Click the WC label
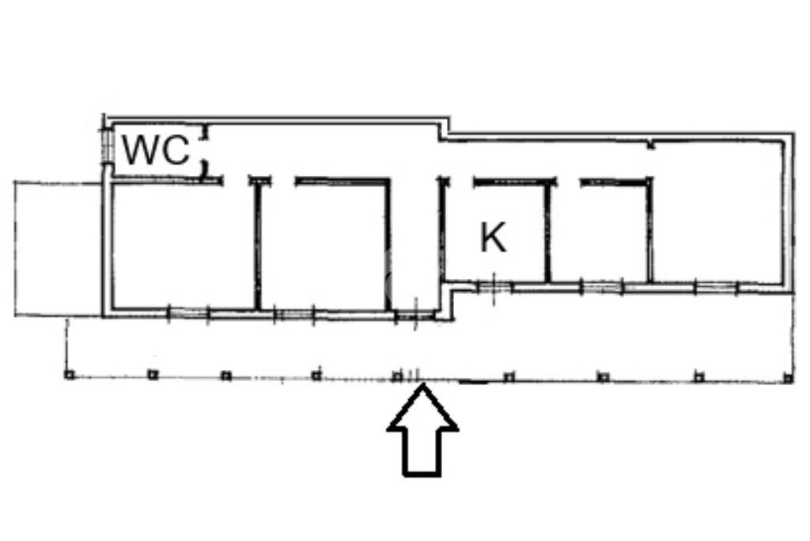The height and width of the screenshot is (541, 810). click(x=157, y=150)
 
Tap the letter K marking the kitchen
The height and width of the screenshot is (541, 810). click(x=494, y=237)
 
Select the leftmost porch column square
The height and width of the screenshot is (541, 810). click(x=69, y=375)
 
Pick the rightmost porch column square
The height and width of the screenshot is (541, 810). click(x=788, y=378)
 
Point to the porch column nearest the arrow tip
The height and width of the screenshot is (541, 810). click(x=397, y=376)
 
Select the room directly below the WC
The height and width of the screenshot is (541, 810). click(x=182, y=246)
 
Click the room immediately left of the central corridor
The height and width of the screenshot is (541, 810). click(x=324, y=246)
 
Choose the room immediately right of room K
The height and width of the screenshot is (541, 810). click(x=598, y=234)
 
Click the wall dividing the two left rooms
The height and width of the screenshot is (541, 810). click(x=257, y=246)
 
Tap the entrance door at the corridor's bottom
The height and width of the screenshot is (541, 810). click(x=413, y=317)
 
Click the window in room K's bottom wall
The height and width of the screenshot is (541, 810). click(x=493, y=286)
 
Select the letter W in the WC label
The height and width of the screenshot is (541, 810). click(x=140, y=150)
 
